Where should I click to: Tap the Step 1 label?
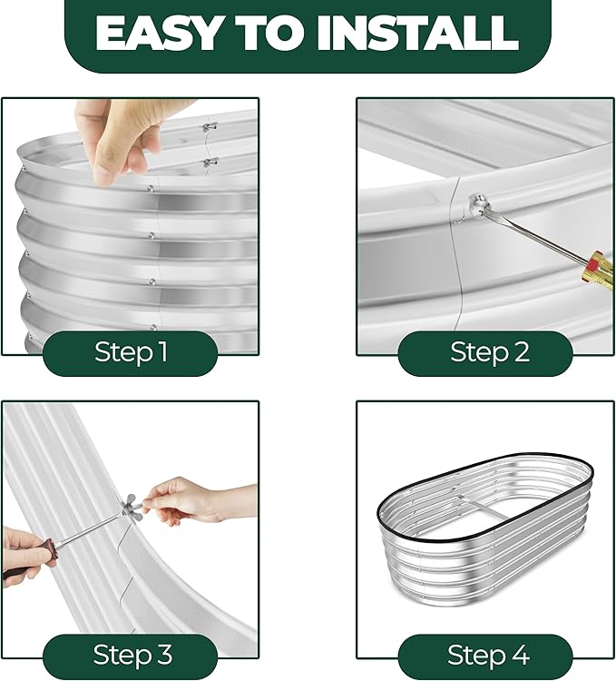click(131, 351)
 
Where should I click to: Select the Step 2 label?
click(490, 351)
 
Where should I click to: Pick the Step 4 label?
click(488, 655)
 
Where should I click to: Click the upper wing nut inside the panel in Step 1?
click(210, 127)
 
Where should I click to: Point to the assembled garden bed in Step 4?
click(485, 526)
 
